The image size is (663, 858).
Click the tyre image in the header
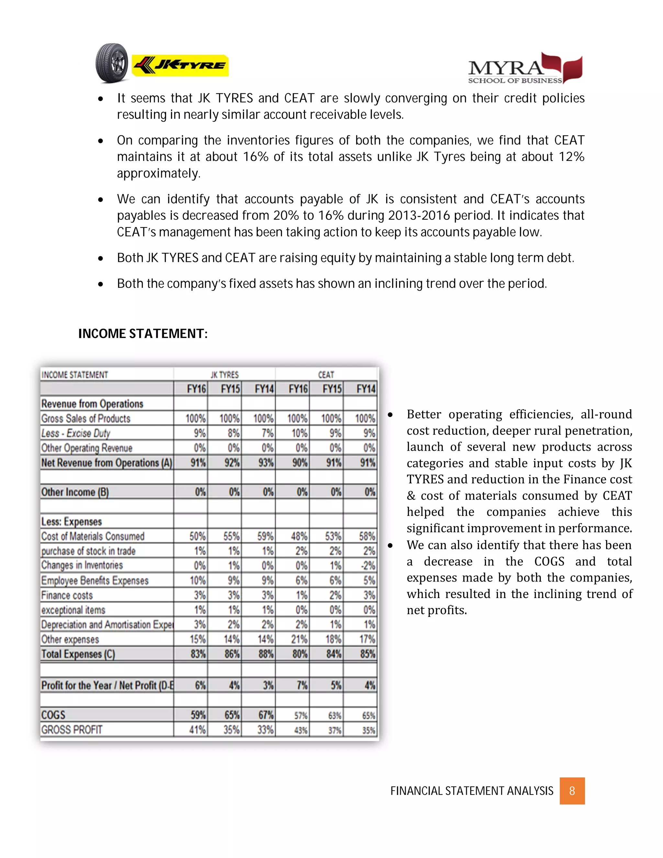click(x=112, y=63)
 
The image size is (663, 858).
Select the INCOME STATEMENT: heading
click(x=143, y=333)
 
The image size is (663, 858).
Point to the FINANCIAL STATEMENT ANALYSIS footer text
click(x=471, y=791)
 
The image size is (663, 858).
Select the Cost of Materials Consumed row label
click(x=93, y=536)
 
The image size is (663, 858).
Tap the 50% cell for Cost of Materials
click(x=197, y=536)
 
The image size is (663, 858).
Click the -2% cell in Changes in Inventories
click(x=368, y=566)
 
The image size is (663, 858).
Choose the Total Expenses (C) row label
click(x=78, y=654)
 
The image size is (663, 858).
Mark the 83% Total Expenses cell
click(x=198, y=654)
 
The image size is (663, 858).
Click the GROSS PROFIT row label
click(x=72, y=729)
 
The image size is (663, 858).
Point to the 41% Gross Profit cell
click(x=197, y=729)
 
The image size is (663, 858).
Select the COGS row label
click(x=53, y=715)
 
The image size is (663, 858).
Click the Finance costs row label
click(x=67, y=595)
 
